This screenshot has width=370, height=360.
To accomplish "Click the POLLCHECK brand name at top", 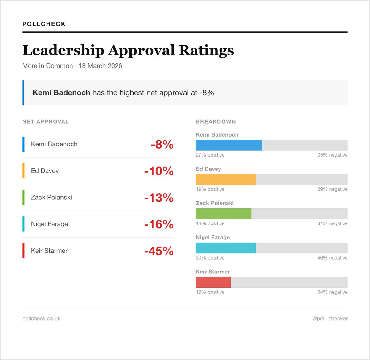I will tap(44, 24).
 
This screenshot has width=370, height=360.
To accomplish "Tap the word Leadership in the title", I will tap(63, 50).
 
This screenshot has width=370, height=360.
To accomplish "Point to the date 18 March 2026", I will tap(100, 66).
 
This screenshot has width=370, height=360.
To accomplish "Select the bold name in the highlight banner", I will tap(61, 92).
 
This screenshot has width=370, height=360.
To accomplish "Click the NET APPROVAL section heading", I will tap(46, 121).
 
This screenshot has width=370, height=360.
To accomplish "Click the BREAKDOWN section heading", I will tap(216, 121).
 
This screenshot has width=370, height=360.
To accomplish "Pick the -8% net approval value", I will tap(162, 144).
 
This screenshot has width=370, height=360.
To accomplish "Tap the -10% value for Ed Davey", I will tap(159, 171).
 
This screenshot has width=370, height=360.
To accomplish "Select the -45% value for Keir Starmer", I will tap(159, 251).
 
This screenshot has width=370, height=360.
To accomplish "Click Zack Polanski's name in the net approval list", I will tap(51, 197).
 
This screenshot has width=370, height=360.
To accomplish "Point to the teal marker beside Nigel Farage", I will tap(23, 224).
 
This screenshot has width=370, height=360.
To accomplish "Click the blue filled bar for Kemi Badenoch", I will tap(229, 145).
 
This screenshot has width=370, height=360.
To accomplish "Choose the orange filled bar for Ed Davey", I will tap(226, 179).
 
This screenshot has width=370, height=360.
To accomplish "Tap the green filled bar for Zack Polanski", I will tap(224, 214).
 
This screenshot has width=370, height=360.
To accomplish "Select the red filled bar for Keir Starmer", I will tap(213, 282).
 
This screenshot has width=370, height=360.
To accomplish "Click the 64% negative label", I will tap(332, 292).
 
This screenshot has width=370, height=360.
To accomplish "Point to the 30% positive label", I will tap(210, 258).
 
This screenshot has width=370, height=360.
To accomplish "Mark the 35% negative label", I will tap(332, 155).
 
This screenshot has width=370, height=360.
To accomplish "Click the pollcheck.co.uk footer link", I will tap(41, 318).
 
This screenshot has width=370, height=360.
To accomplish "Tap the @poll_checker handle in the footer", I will tap(330, 318).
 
